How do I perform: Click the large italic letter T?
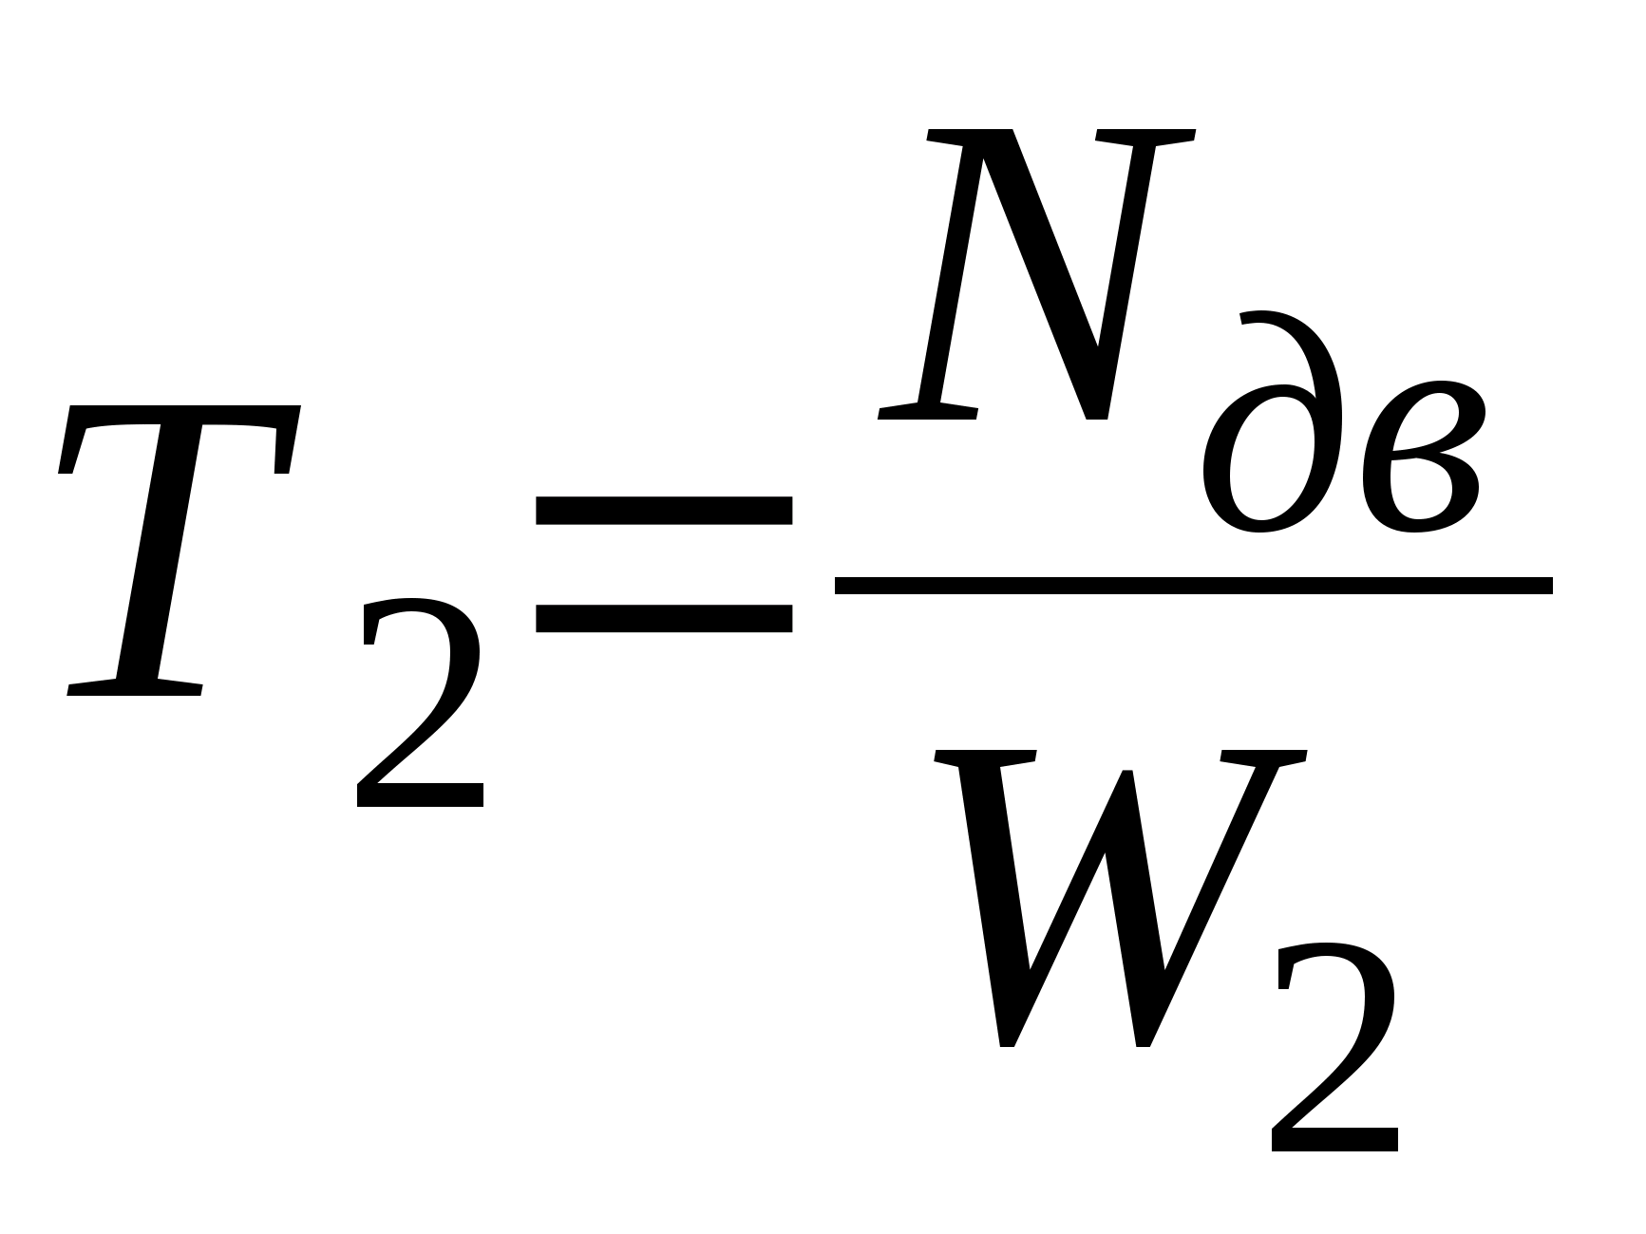171,551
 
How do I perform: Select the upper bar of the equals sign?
664,511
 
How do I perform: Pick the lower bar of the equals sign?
664,619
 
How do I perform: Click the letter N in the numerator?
1035,275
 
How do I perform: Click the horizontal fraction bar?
1193,586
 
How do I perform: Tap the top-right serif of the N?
1145,138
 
